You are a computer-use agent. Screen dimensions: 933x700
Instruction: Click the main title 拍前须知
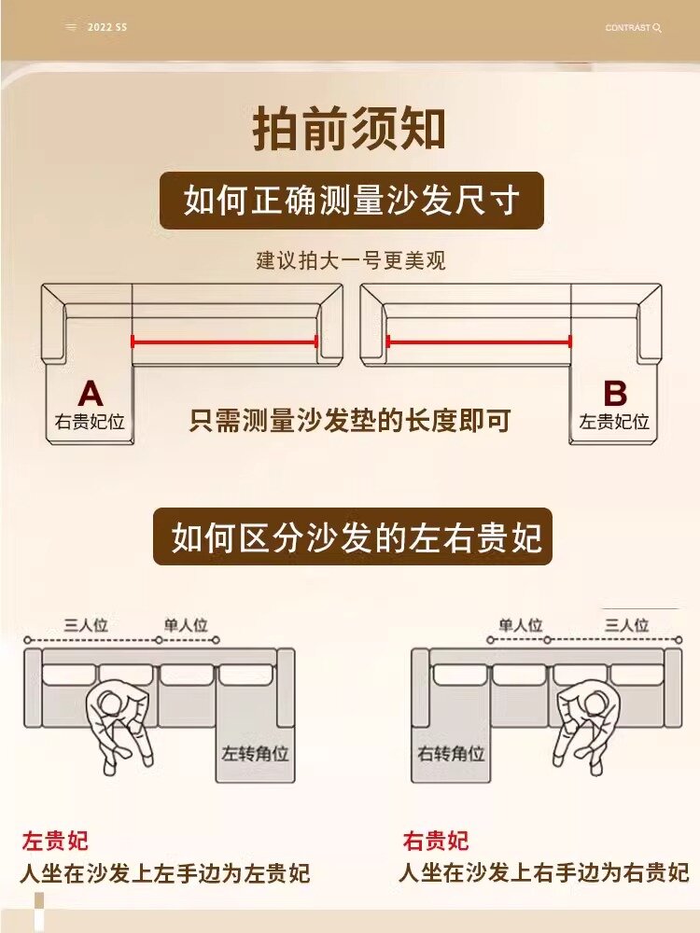[x=349, y=130]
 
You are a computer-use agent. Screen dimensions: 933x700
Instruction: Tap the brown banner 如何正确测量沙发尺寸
[x=351, y=201]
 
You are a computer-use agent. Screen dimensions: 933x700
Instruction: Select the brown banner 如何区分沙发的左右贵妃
[x=353, y=537]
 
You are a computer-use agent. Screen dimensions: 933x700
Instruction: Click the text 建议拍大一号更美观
[x=351, y=260]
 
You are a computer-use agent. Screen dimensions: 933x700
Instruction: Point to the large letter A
[x=91, y=393]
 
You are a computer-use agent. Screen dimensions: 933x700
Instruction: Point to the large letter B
[x=615, y=393]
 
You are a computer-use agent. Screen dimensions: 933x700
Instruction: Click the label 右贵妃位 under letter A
[x=90, y=422]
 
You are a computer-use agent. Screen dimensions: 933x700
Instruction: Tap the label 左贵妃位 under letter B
[x=614, y=422]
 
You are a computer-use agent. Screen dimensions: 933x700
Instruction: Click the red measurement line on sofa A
[x=224, y=341]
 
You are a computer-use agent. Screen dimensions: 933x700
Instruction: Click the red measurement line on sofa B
[x=479, y=341]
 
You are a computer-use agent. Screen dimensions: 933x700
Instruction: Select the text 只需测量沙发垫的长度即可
[x=350, y=421]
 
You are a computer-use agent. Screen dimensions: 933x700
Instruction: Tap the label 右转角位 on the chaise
[x=451, y=753]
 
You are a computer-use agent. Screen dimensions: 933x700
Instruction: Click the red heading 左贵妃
[x=55, y=841]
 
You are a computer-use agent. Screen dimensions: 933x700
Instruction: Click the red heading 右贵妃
[x=436, y=841]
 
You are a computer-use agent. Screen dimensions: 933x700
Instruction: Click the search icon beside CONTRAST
[x=657, y=28]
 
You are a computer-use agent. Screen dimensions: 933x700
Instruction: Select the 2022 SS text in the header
[x=106, y=28]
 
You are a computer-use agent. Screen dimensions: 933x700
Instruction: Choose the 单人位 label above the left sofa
[x=187, y=625]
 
